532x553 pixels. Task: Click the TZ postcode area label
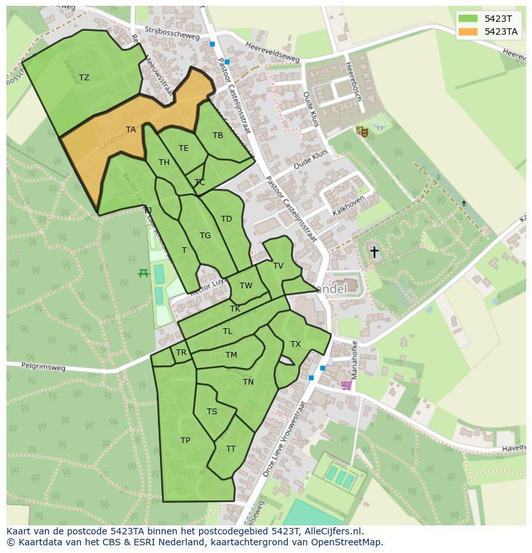pos(84,78)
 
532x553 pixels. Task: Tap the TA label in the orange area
pos(130,130)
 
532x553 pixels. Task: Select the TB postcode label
pos(218,136)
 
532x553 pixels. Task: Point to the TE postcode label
pos(184,148)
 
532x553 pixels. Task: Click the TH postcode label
pos(164,162)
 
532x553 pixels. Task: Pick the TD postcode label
pos(226,219)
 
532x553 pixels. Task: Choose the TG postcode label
pos(205,236)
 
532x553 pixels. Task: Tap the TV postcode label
pos(278,266)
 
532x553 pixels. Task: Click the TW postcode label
pos(246,286)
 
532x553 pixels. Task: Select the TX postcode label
pos(296,344)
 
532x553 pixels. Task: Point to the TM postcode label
pos(231,355)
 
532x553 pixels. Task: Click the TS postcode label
pos(212,412)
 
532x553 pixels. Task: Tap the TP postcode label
pos(185,441)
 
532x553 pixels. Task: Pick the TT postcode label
pos(231,449)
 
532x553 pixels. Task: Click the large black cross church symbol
pos(374,252)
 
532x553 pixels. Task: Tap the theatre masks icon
pos(362,131)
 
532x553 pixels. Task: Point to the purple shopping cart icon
pos(346,385)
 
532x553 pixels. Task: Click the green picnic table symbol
pos(143,273)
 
